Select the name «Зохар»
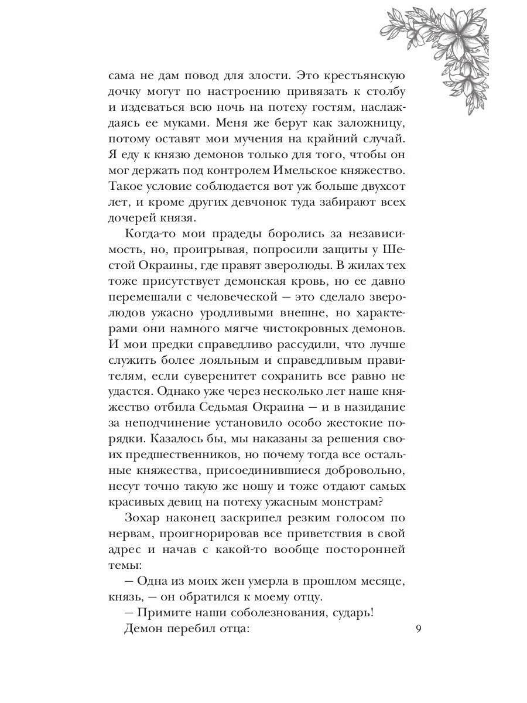click(x=145, y=518)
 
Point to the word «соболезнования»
click(x=276, y=613)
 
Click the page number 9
click(x=418, y=629)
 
